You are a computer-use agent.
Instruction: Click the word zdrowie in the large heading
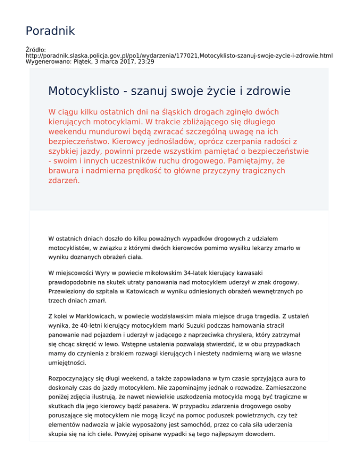pyautogui.click(x=262, y=90)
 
